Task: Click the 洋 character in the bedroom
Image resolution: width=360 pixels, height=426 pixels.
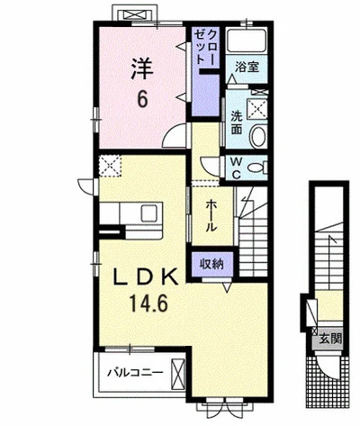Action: (142, 68)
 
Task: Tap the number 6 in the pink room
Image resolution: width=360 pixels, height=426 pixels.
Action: (142, 99)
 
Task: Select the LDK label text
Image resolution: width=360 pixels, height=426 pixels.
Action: (145, 277)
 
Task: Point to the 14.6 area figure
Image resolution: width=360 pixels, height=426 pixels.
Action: (148, 303)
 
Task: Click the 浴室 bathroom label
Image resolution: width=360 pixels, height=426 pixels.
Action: (247, 67)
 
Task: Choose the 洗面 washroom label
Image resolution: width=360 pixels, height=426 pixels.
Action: (237, 122)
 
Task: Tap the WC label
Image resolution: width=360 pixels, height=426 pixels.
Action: (237, 168)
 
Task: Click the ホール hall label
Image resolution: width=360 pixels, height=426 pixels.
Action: (211, 215)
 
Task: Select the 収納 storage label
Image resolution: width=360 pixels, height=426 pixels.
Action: (212, 264)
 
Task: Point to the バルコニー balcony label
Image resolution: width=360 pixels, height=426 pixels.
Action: (136, 373)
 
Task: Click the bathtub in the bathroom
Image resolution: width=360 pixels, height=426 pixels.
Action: (247, 40)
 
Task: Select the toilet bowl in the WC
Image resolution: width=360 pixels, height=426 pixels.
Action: (256, 168)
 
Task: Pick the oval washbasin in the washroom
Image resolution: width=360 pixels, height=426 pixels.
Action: (258, 136)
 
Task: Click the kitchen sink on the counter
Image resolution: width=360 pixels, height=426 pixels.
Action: (149, 213)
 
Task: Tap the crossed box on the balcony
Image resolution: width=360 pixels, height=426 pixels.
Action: (177, 374)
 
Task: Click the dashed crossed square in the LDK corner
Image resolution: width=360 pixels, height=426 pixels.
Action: (111, 165)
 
